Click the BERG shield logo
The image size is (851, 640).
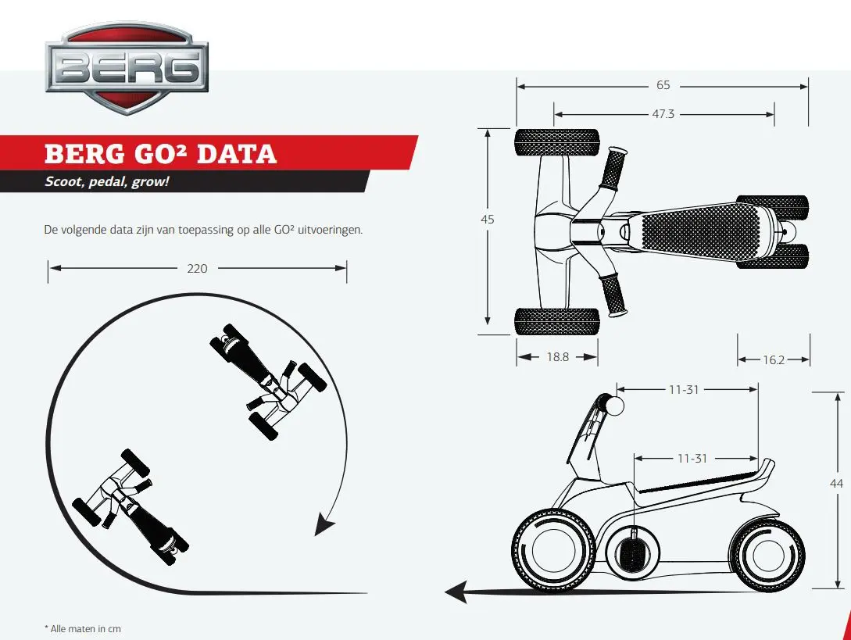pyautogui.click(x=127, y=68)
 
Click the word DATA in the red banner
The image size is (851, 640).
pyautogui.click(x=237, y=154)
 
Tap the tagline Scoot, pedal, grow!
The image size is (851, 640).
pyautogui.click(x=107, y=181)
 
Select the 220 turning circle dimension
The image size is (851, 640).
pyautogui.click(x=197, y=268)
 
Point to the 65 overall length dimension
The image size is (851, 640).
pyautogui.click(x=663, y=85)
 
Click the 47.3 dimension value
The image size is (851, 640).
pyautogui.click(x=663, y=114)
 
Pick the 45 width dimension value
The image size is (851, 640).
pyautogui.click(x=488, y=220)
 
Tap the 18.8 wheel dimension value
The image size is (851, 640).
pyautogui.click(x=558, y=356)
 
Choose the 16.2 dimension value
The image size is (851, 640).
pyautogui.click(x=774, y=360)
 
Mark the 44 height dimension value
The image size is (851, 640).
pyautogui.click(x=836, y=483)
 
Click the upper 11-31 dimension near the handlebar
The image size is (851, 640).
pyautogui.click(x=684, y=389)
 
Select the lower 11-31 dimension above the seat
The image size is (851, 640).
pyautogui.click(x=692, y=458)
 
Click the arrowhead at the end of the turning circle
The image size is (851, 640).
pyautogui.click(x=324, y=525)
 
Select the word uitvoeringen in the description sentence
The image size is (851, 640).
pyautogui.click(x=330, y=230)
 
